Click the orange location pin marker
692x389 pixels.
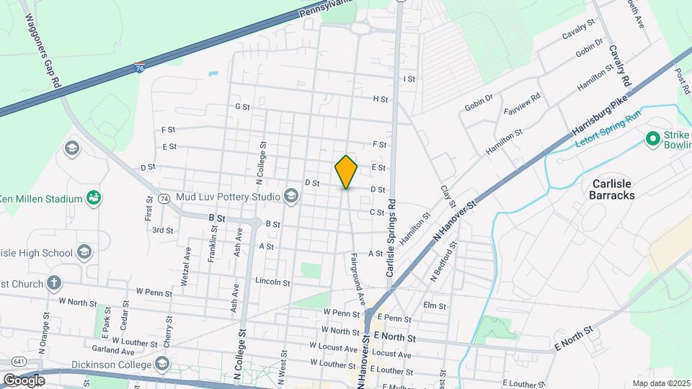pos(346,171)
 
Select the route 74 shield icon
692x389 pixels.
pos(164,198)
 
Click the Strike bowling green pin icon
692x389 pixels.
pos(653,138)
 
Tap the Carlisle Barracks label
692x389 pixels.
pos(612,189)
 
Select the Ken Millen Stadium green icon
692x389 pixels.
pos(93,197)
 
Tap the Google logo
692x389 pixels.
pos(24,380)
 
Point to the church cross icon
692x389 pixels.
pos(53,283)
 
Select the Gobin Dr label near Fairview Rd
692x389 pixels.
pos(478,104)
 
